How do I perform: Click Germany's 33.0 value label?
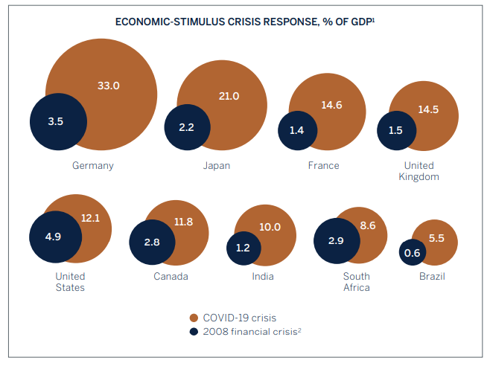point(108,86)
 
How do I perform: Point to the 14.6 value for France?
point(331,105)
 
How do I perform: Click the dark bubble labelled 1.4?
point(296,130)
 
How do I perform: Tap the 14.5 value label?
point(428,109)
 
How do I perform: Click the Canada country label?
point(171,276)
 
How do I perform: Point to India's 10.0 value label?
point(270,227)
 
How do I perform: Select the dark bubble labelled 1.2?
point(244,247)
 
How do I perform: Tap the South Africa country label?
point(356,282)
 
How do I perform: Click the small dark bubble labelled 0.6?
point(412,253)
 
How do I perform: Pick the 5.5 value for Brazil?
point(438,239)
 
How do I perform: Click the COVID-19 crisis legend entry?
point(239,318)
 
